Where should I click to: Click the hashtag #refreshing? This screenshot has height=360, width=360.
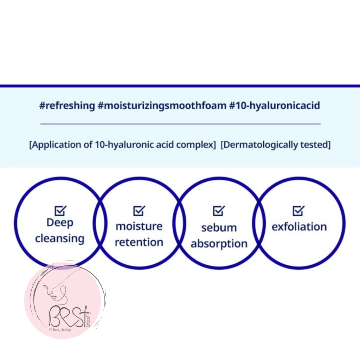67,105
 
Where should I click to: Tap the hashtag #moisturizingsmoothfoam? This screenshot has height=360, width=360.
162,105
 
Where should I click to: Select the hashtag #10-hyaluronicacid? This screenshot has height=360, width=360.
275,105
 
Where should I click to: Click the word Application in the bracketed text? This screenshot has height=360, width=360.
59,145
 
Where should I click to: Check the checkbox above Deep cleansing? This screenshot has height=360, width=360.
60,211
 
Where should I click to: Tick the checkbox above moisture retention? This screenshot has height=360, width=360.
139,211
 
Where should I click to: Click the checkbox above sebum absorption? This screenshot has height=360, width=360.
219,211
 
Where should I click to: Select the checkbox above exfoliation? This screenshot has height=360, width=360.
298,211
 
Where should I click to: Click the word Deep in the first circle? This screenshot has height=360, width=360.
60,223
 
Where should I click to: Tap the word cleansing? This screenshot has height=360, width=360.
60,239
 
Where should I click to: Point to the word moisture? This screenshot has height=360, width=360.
139,226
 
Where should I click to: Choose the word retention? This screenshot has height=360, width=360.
139,242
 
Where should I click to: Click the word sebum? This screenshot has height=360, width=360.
219,228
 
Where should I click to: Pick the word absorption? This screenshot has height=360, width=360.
219,244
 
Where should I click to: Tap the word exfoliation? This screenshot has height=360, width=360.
299,227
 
